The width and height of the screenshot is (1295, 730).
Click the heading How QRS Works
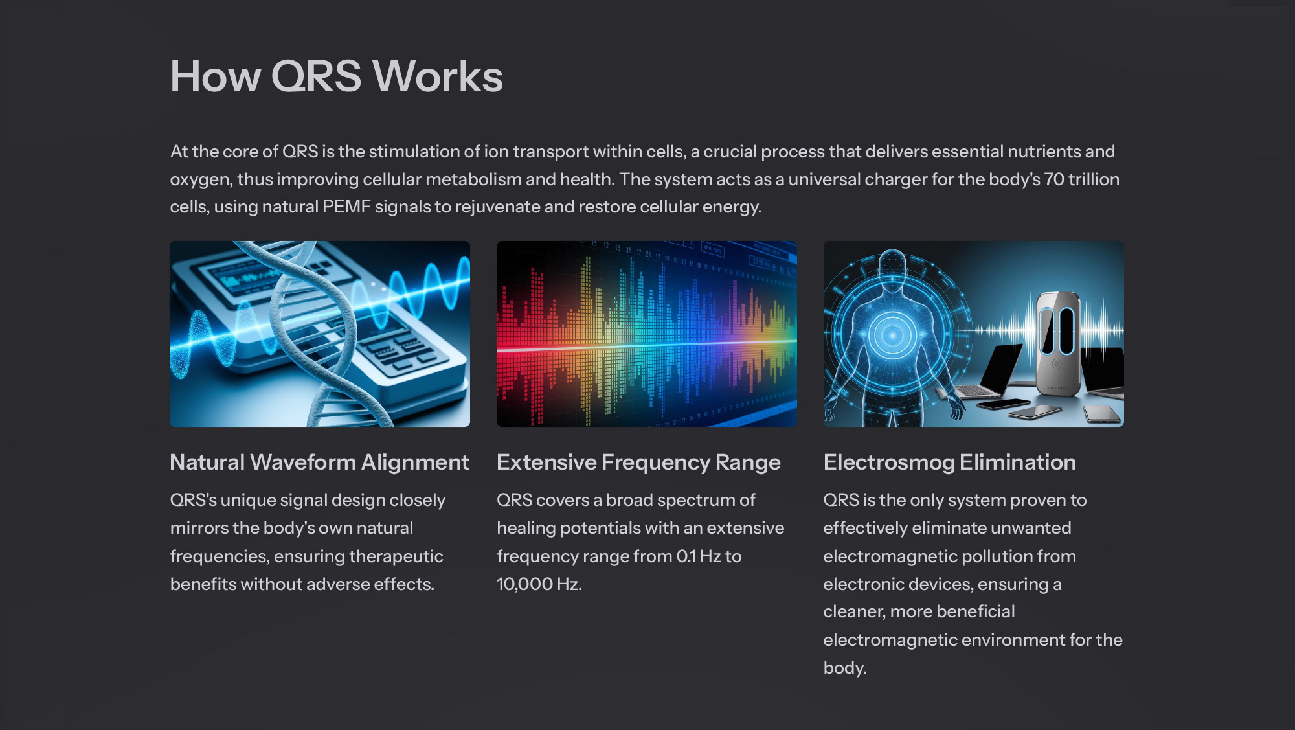337,76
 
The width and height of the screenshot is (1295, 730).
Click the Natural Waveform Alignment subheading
319,462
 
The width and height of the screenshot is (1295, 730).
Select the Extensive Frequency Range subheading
638,462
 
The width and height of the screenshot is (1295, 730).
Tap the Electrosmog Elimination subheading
949,462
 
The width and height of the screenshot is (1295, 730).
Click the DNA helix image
320,334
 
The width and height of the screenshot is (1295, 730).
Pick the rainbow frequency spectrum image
647,334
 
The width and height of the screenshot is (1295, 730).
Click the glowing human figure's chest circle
892,335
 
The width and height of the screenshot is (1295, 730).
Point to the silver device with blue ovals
1057,343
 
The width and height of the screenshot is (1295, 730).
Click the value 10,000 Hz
539,584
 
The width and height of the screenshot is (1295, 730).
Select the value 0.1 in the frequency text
686,556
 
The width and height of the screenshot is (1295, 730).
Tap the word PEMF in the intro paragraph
346,207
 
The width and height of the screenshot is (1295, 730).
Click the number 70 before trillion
1054,179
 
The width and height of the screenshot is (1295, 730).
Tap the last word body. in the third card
845,668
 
